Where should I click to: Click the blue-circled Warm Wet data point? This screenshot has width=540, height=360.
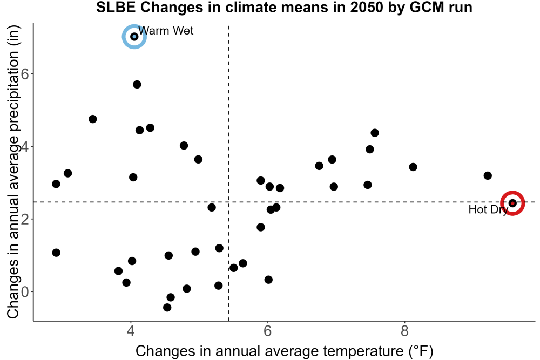pos(134,37)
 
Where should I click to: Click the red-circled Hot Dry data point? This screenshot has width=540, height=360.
pos(512,203)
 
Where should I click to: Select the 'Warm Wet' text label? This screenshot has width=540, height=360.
pos(166,31)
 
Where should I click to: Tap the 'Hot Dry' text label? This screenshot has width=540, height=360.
pos(488,209)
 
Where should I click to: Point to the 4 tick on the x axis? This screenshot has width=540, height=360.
pos(131,331)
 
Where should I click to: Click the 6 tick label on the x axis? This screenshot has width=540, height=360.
pos(268,331)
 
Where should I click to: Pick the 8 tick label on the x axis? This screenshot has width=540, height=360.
pos(404,331)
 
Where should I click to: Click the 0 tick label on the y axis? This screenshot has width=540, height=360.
pos(25,292)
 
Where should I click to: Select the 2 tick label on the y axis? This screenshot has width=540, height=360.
pos(25,219)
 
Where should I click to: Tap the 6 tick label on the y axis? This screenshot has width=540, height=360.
pos(25,74)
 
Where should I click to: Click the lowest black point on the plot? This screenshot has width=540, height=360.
pos(167,307)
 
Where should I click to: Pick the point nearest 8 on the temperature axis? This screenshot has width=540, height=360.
pos(413,167)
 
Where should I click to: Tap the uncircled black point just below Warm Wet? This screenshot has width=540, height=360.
pos(137,84)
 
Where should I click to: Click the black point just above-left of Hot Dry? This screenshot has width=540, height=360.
pos(487,175)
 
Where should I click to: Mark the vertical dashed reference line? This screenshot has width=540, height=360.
pos(228,173)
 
